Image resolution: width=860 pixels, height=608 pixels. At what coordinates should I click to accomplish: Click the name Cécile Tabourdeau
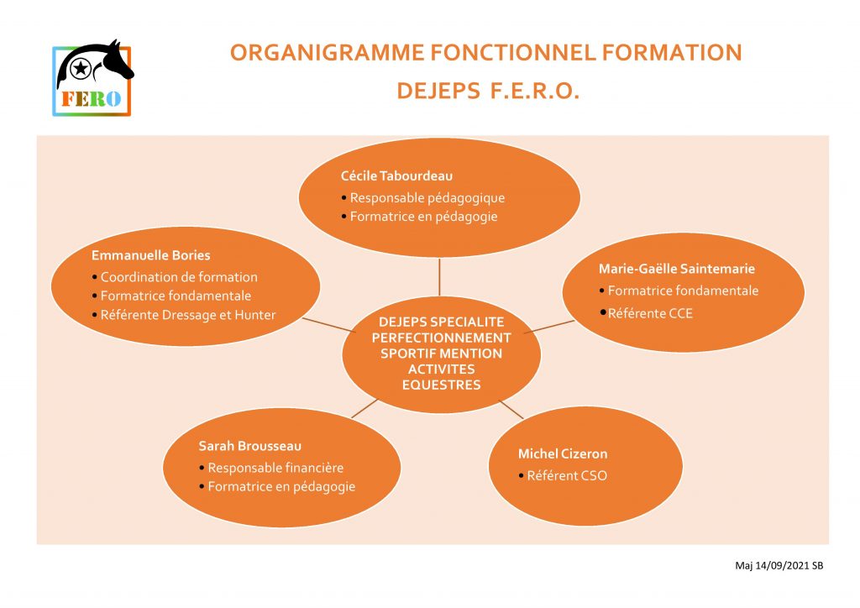click(x=396, y=176)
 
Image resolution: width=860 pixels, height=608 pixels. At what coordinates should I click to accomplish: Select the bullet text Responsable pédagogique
click(x=427, y=198)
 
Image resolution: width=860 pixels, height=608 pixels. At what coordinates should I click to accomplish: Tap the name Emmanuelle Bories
click(x=151, y=255)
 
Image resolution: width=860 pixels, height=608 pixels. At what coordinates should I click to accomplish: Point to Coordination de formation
click(x=179, y=277)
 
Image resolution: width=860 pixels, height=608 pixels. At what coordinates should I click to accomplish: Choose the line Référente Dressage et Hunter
click(x=188, y=315)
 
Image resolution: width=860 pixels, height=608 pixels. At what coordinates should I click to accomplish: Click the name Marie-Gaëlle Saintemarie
click(x=677, y=269)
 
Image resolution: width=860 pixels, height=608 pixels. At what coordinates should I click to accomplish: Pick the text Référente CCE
click(x=650, y=313)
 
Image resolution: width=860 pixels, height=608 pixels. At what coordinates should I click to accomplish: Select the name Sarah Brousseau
click(x=250, y=446)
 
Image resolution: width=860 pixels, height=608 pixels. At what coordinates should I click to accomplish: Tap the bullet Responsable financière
click(x=275, y=469)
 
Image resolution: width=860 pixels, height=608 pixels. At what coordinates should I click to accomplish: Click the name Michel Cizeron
click(x=563, y=454)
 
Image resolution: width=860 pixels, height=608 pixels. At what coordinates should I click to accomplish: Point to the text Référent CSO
click(x=567, y=476)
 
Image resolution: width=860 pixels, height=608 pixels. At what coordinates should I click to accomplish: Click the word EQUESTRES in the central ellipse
click(x=442, y=385)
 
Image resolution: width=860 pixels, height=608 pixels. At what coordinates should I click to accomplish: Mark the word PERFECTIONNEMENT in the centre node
click(x=442, y=338)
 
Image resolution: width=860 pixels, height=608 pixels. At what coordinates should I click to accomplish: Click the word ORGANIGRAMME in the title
click(x=327, y=53)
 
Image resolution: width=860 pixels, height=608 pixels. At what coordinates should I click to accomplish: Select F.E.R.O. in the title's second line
click(x=534, y=91)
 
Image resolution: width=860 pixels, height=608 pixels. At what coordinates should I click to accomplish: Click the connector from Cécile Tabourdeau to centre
click(x=439, y=277)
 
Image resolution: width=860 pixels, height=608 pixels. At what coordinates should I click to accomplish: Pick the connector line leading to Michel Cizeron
click(x=511, y=410)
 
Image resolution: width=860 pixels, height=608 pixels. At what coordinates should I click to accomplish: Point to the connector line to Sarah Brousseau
click(x=364, y=408)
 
